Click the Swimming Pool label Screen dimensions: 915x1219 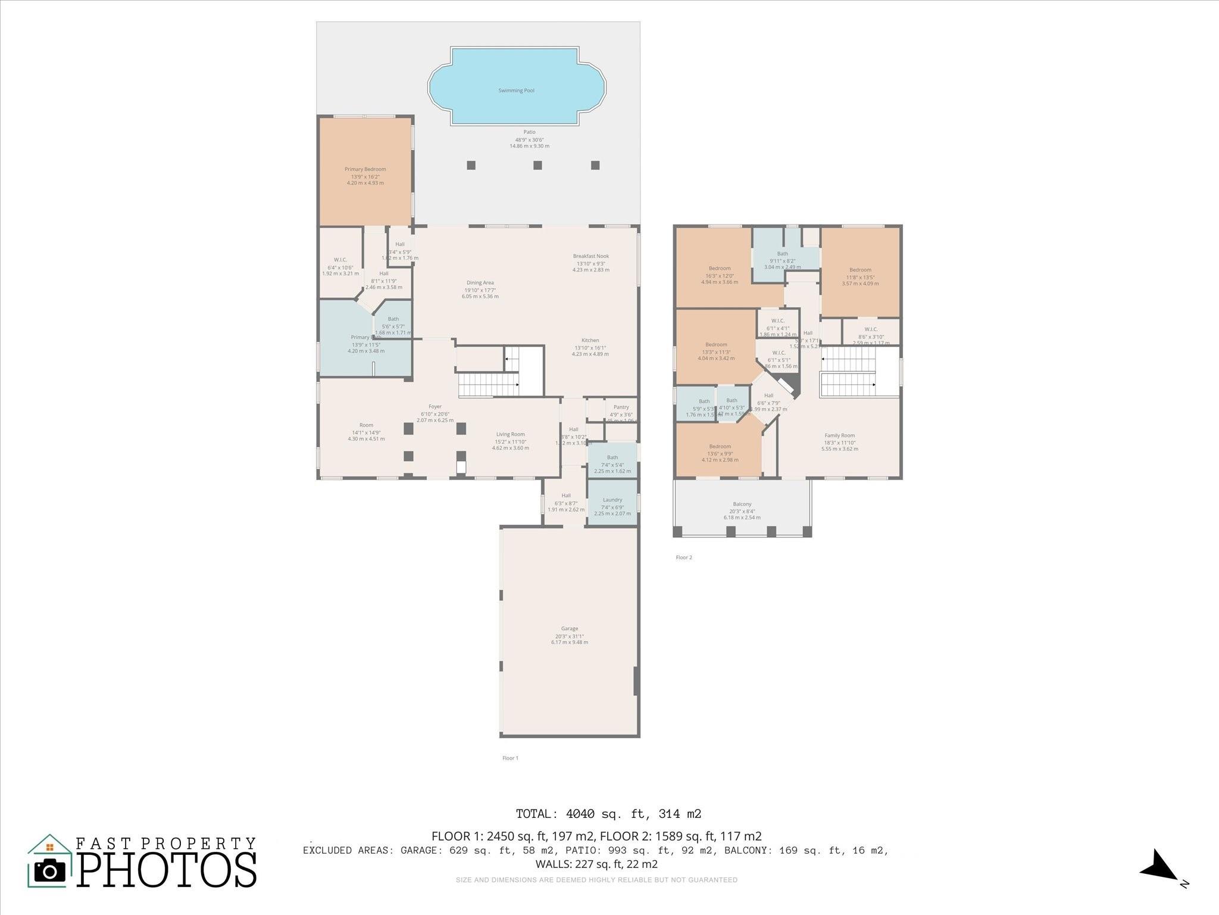tap(516, 91)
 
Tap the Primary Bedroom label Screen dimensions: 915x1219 tap(365, 169)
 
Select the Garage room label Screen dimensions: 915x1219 tap(569, 628)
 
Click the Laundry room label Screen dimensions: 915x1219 tap(612, 500)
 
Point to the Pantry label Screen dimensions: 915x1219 tap(621, 407)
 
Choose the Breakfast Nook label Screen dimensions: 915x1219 tap(590, 256)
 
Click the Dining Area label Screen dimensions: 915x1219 tap(480, 283)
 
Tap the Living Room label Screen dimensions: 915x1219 tap(510, 434)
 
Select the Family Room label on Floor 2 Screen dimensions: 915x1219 tap(839, 435)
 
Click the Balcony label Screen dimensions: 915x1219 tap(742, 504)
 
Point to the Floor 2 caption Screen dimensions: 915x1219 tap(684, 558)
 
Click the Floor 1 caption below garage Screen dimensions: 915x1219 tap(510, 758)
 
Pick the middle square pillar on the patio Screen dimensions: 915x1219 tap(537, 165)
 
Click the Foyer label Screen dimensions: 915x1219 tap(435, 407)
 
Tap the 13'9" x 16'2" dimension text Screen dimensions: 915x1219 tap(365, 176)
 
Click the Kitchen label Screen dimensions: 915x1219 tap(590, 341)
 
